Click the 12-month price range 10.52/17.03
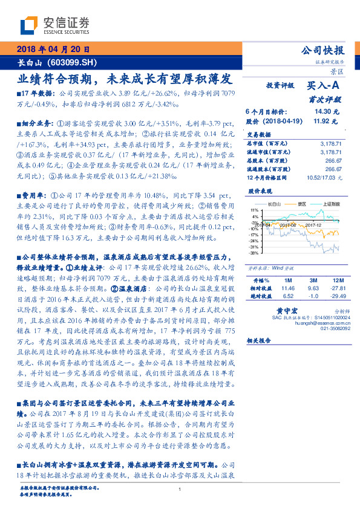(324, 178)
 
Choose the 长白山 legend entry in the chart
(275, 204)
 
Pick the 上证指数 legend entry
(326, 204)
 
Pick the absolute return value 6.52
(288, 297)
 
